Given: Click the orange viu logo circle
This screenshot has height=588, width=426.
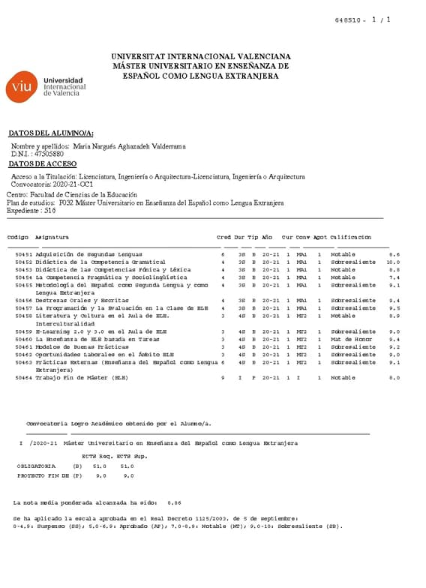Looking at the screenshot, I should (x=20, y=87).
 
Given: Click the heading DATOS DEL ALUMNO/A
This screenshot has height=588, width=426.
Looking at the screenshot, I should (x=51, y=133).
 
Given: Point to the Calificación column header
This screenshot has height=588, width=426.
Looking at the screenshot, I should (x=350, y=238).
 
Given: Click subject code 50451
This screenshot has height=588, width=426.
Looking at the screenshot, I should (x=24, y=254).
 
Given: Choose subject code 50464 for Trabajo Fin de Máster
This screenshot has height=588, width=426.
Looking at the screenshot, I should (x=24, y=378).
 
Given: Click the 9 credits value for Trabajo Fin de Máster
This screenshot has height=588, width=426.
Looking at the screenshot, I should (x=223, y=378).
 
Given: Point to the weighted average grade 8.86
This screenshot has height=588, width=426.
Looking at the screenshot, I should (x=174, y=502).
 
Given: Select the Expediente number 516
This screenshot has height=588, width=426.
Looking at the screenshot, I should (x=50, y=211).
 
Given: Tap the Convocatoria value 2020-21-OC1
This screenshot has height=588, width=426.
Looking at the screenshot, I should (x=73, y=184).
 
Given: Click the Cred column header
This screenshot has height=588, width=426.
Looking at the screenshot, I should (x=223, y=238).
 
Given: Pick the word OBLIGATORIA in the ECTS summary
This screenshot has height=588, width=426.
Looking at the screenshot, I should (x=36, y=466).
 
